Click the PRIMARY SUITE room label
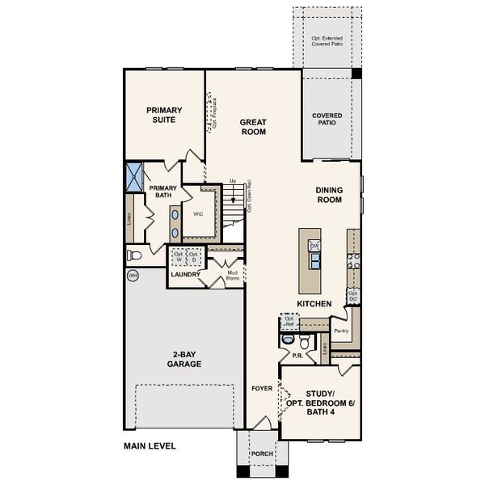pos(164,115)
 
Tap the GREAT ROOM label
pos(253,127)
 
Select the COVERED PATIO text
pos(327,120)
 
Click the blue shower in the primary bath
pos(133,176)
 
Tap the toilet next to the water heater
pos(136,255)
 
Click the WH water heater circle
pos(133,276)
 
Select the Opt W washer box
pos(178,258)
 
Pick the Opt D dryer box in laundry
pos(193,258)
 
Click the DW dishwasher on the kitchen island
pos(315,245)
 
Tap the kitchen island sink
pos(315,259)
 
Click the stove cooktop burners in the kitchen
pos(352,260)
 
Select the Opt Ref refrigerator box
pos(289,322)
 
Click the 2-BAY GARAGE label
pos(185,360)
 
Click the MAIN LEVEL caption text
pos(150,445)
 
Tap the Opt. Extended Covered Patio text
pos(327,41)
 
